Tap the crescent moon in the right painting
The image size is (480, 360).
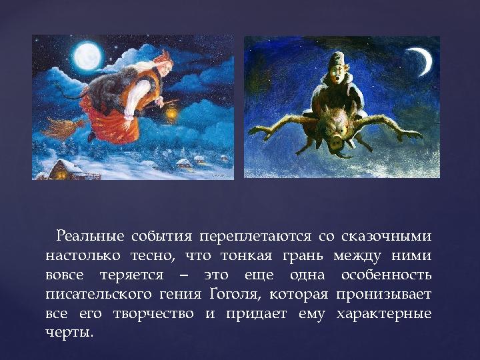[421, 61]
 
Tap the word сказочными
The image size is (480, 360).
[386, 236]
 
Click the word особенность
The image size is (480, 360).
[386, 275]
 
